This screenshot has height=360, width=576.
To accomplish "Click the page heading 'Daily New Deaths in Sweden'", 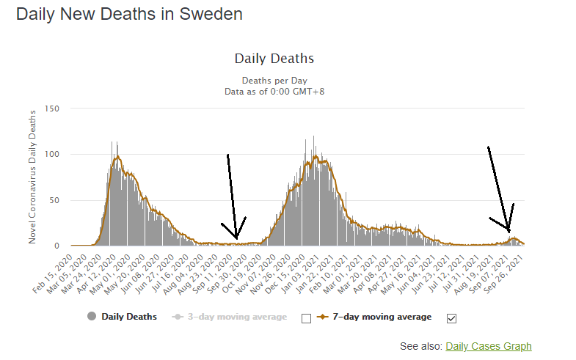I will pos(129,14).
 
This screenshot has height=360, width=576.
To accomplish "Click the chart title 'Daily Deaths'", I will pos(274,58).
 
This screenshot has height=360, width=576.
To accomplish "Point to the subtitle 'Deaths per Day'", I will pos(274,81).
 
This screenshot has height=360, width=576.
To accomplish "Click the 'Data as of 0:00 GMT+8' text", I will pos(274,92).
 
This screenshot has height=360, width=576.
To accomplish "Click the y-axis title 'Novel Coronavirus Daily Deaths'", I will pos(32,177).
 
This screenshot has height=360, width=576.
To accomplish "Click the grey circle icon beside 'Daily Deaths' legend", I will pos(92,317).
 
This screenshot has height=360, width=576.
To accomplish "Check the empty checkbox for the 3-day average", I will pos(307,317).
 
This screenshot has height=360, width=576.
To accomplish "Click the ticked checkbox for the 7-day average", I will pos(451,317).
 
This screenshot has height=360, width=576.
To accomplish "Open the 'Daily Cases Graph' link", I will pos(488,346).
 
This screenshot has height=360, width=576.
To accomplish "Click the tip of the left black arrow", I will pos(236,238).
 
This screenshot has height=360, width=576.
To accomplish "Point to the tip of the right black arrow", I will pos(508,232).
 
